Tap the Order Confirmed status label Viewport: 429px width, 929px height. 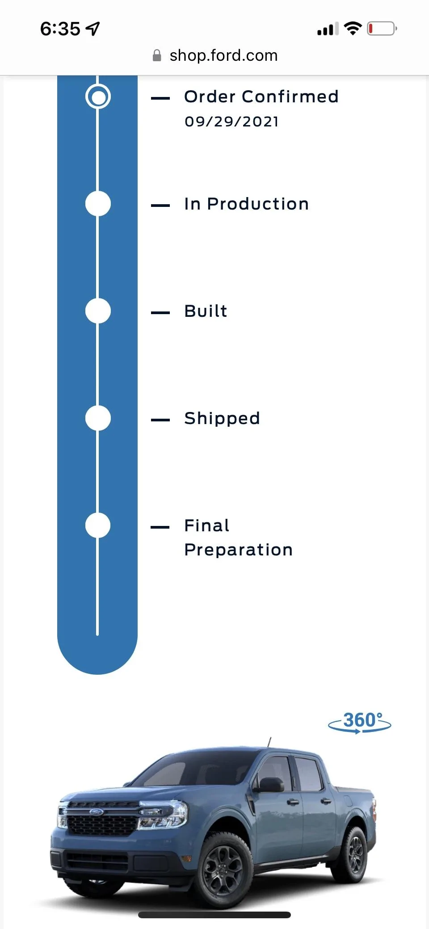coord(261,97)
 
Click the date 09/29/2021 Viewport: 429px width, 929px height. coord(232,122)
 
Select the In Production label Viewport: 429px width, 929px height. coord(247,204)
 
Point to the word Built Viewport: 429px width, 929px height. coord(206,311)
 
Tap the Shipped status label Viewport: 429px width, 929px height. coord(222,419)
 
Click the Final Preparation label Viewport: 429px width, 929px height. coord(239,538)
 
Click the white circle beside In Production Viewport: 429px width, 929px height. coord(98,204)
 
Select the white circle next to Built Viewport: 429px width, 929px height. coord(98,311)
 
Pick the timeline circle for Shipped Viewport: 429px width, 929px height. coord(98,418)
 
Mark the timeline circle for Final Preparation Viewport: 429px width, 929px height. coord(98,525)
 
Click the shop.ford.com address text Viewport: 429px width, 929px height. coord(223,55)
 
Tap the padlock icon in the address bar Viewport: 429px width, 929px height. coord(157,55)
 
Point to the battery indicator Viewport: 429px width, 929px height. coord(382,29)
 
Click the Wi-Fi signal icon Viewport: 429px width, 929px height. coord(353,29)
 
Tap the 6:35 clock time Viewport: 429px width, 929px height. coord(60,29)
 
